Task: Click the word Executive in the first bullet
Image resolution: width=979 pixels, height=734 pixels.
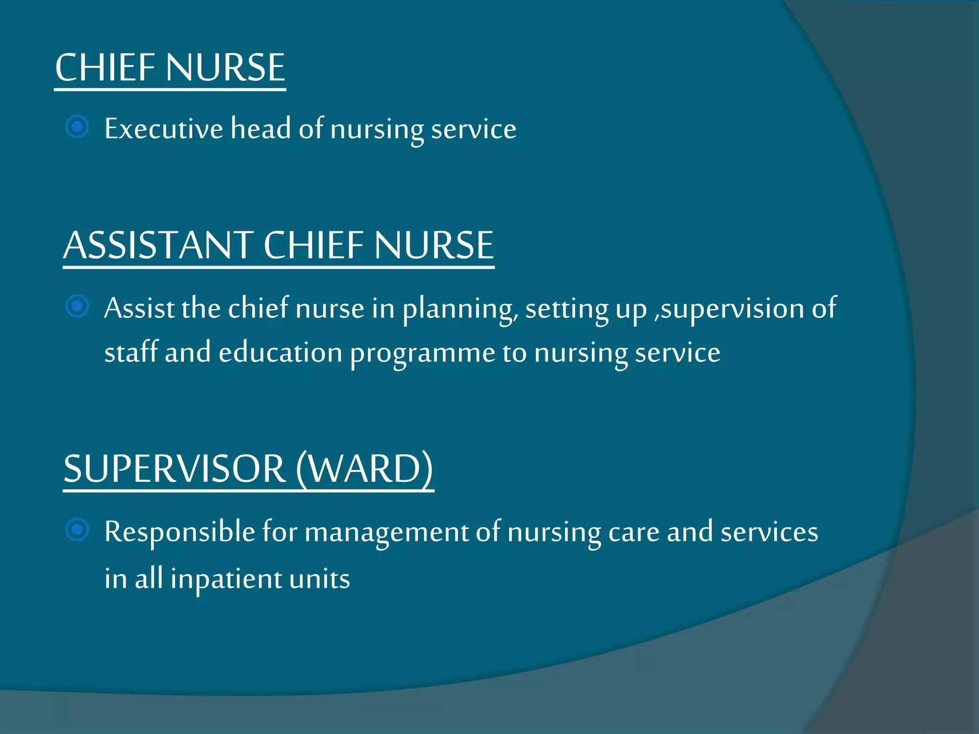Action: coord(163,129)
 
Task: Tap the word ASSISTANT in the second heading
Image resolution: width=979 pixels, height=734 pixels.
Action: coord(158,245)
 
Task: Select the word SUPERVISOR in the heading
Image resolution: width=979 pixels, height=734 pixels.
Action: coord(174,469)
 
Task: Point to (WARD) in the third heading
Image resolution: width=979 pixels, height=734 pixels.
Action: coord(365,469)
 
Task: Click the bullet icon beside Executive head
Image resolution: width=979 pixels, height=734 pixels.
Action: coord(77,127)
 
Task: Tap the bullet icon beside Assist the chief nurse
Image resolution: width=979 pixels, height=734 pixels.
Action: coord(77,306)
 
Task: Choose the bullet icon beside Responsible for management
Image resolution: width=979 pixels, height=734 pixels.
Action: coord(77,530)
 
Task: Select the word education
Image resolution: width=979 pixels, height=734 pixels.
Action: coord(281,353)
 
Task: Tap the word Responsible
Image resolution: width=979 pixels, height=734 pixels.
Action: coord(180,532)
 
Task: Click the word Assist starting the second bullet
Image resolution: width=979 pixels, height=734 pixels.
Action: coord(139,308)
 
